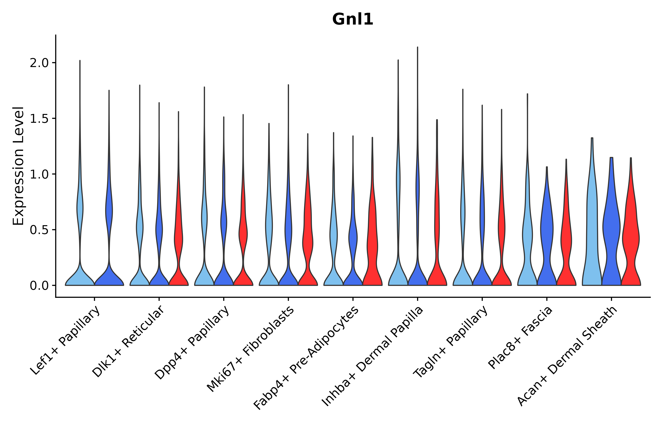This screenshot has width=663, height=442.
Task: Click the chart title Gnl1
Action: [x=352, y=20]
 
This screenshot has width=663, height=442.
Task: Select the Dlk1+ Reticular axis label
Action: [x=128, y=342]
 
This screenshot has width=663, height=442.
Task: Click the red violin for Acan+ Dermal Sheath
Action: [x=631, y=240]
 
